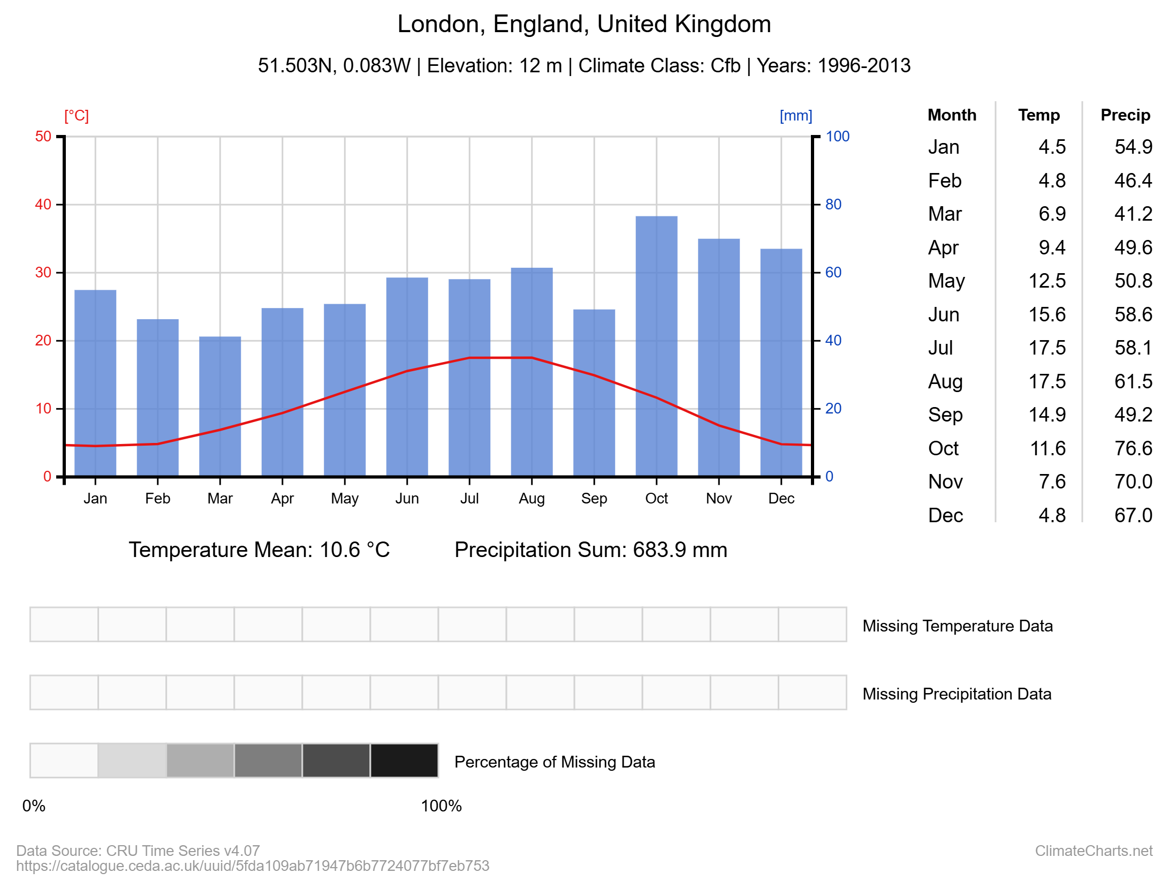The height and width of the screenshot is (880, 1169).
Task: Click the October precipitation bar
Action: [656, 345]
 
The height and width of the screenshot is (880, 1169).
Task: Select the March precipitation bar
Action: [220, 406]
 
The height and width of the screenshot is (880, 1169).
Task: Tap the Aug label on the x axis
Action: [532, 499]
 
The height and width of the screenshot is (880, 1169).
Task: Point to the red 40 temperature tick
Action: [43, 205]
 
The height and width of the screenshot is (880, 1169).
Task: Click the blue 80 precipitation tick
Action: [833, 205]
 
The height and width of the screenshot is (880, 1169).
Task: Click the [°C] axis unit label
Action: [77, 116]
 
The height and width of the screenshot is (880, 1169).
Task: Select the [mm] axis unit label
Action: [795, 116]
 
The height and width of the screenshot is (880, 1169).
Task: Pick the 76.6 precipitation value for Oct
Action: [1133, 448]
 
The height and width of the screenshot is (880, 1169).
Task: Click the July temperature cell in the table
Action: [1047, 348]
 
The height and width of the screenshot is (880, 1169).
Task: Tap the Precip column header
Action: [1125, 115]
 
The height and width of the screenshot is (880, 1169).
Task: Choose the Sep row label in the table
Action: [945, 415]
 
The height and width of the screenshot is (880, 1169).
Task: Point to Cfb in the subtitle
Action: [725, 66]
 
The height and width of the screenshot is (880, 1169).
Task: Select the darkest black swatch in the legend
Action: [404, 760]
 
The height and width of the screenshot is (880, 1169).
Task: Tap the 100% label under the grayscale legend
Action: [441, 806]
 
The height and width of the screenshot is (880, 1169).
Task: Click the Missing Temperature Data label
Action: [957, 626]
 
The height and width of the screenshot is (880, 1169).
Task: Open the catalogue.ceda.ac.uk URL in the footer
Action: [253, 866]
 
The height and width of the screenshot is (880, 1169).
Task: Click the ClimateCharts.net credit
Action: [1093, 851]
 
